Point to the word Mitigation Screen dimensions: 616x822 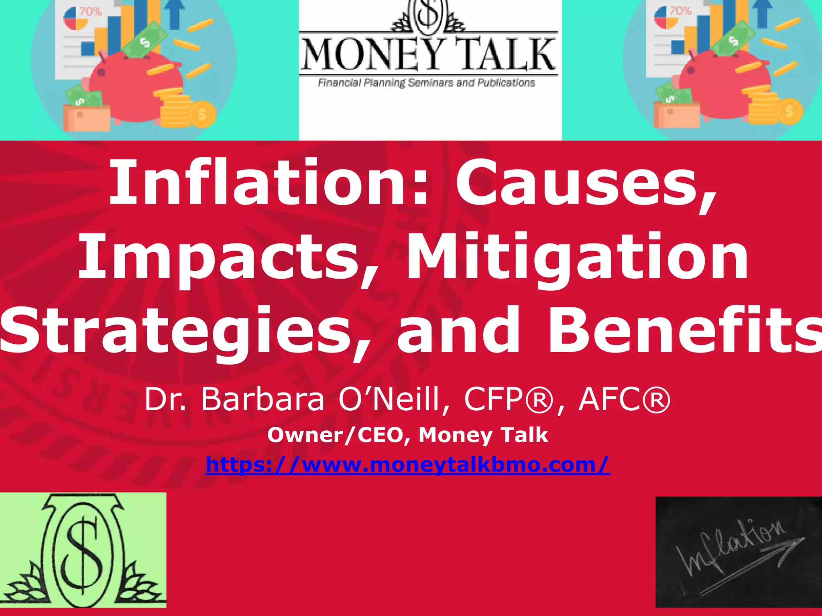pyautogui.click(x=578, y=257)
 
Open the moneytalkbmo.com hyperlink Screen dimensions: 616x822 pyautogui.click(x=407, y=465)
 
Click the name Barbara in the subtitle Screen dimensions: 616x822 pyautogui.click(x=263, y=399)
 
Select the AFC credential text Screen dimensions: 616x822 pyautogui.click(x=624, y=399)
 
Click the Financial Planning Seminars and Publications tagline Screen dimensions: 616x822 pyautogui.click(x=426, y=83)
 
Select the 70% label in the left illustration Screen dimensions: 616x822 pyautogui.click(x=91, y=12)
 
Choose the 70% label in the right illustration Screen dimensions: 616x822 pyautogui.click(x=681, y=11)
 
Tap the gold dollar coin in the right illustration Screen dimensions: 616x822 pyautogui.click(x=789, y=111)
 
